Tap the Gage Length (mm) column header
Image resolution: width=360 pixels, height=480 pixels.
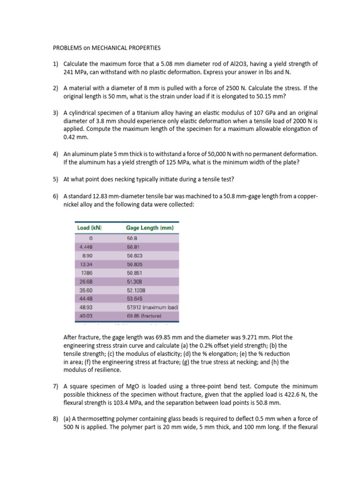coord(150,228)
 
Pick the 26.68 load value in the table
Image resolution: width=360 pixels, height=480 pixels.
coord(86,281)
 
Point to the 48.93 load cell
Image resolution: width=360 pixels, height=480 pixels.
coord(86,307)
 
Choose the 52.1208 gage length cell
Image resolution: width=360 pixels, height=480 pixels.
coord(136,290)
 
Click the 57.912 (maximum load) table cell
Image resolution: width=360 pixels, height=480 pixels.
coord(153,307)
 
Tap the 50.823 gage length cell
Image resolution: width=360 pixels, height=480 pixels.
coord(135,256)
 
